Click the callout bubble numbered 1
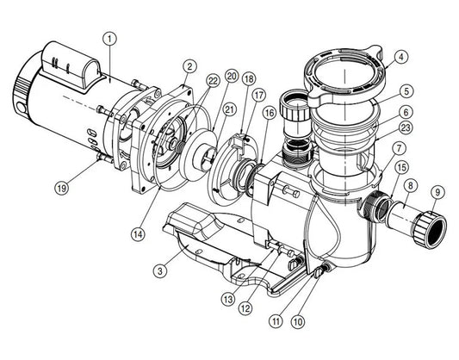[x=109, y=38]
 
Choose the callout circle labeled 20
[x=230, y=76]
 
